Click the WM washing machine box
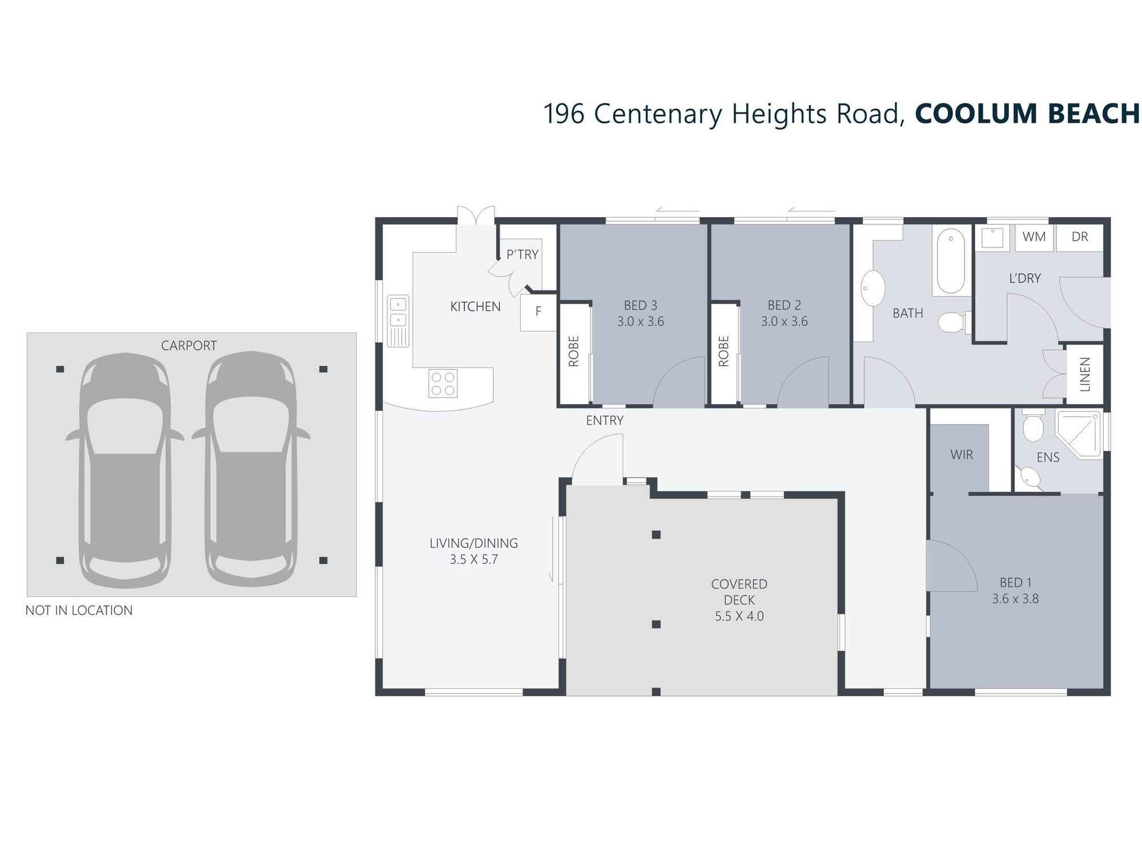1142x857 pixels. pos(1034,237)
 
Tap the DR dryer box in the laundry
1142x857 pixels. pos(1079,237)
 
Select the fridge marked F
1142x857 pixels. pos(538,312)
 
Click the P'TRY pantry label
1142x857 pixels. pos(522,255)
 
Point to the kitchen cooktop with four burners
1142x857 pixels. pos(443,383)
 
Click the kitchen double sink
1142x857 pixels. pos(398,311)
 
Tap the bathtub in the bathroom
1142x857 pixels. pos(951,261)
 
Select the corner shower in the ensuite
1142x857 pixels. pos(1079,434)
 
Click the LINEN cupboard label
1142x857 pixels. pos(1085,374)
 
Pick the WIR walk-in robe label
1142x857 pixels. pos(962,455)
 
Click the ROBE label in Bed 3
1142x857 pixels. pos(574,351)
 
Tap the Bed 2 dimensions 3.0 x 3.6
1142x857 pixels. pos(784,322)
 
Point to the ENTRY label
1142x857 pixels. pos(604,421)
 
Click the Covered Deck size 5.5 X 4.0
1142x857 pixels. pos(739,616)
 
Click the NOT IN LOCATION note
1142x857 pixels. pos(79,610)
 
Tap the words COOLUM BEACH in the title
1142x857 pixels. pos(1027,114)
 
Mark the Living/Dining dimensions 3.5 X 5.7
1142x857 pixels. pos(473,559)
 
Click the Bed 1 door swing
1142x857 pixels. pos(948,566)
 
